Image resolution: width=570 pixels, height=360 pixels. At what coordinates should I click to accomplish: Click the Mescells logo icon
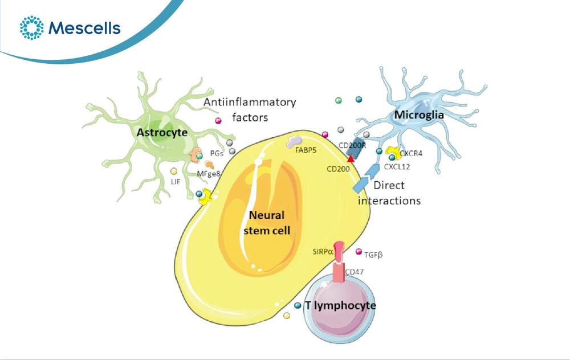(x=31, y=27)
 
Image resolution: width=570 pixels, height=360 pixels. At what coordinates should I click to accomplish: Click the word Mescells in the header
(x=84, y=28)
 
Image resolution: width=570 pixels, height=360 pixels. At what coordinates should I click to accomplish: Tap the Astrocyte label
(x=162, y=133)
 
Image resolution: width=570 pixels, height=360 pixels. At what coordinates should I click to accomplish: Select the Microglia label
(x=419, y=115)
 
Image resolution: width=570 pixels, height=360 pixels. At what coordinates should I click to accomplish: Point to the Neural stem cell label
(x=267, y=223)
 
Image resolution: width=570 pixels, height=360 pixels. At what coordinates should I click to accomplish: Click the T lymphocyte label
(x=340, y=305)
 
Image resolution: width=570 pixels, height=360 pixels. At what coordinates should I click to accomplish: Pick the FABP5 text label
(x=306, y=150)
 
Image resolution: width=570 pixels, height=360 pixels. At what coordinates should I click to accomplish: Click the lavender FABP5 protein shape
(x=294, y=142)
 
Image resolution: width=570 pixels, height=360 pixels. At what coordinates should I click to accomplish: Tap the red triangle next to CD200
(x=351, y=158)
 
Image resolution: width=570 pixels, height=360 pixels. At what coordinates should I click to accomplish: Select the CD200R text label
(x=352, y=145)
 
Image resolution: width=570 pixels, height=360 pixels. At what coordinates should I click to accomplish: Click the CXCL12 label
(x=397, y=167)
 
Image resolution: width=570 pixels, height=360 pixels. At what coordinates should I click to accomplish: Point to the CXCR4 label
(x=411, y=154)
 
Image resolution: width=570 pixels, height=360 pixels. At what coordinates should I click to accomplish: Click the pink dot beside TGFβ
(x=359, y=251)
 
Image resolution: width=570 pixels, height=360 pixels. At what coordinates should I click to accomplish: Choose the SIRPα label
(x=323, y=251)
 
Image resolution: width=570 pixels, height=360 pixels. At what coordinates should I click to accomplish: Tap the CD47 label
(x=354, y=272)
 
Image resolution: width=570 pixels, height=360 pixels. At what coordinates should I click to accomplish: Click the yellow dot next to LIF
(x=174, y=171)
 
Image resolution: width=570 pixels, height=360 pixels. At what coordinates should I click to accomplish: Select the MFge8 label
(x=209, y=174)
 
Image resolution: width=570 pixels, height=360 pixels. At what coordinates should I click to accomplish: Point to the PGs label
(x=217, y=154)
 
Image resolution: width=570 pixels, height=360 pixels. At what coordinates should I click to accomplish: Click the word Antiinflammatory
(x=250, y=102)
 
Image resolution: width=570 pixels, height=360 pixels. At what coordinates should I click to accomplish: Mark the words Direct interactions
(x=389, y=193)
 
